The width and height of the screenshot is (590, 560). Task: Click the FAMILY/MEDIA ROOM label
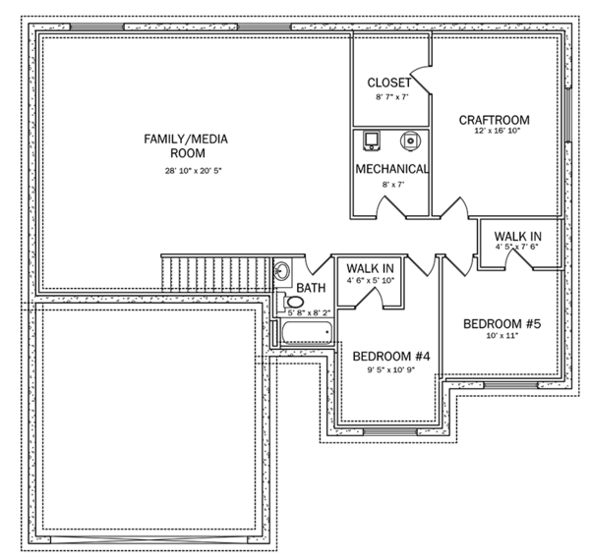(x=185, y=146)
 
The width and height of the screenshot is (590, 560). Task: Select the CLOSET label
(x=389, y=83)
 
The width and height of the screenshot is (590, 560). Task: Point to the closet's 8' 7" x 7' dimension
(x=390, y=98)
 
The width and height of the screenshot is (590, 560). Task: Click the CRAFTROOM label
(x=495, y=120)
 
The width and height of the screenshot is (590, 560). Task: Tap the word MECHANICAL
(x=391, y=168)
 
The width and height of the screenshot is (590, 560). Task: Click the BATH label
(x=311, y=288)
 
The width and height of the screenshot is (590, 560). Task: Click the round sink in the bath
(x=280, y=271)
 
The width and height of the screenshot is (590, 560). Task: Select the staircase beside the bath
(x=216, y=270)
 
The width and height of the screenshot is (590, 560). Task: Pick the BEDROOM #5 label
(x=502, y=322)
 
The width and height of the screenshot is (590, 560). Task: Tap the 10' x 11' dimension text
(x=502, y=337)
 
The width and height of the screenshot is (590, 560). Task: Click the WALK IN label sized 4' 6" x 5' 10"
(x=370, y=268)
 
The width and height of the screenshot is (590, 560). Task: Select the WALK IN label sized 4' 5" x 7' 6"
(x=516, y=237)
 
